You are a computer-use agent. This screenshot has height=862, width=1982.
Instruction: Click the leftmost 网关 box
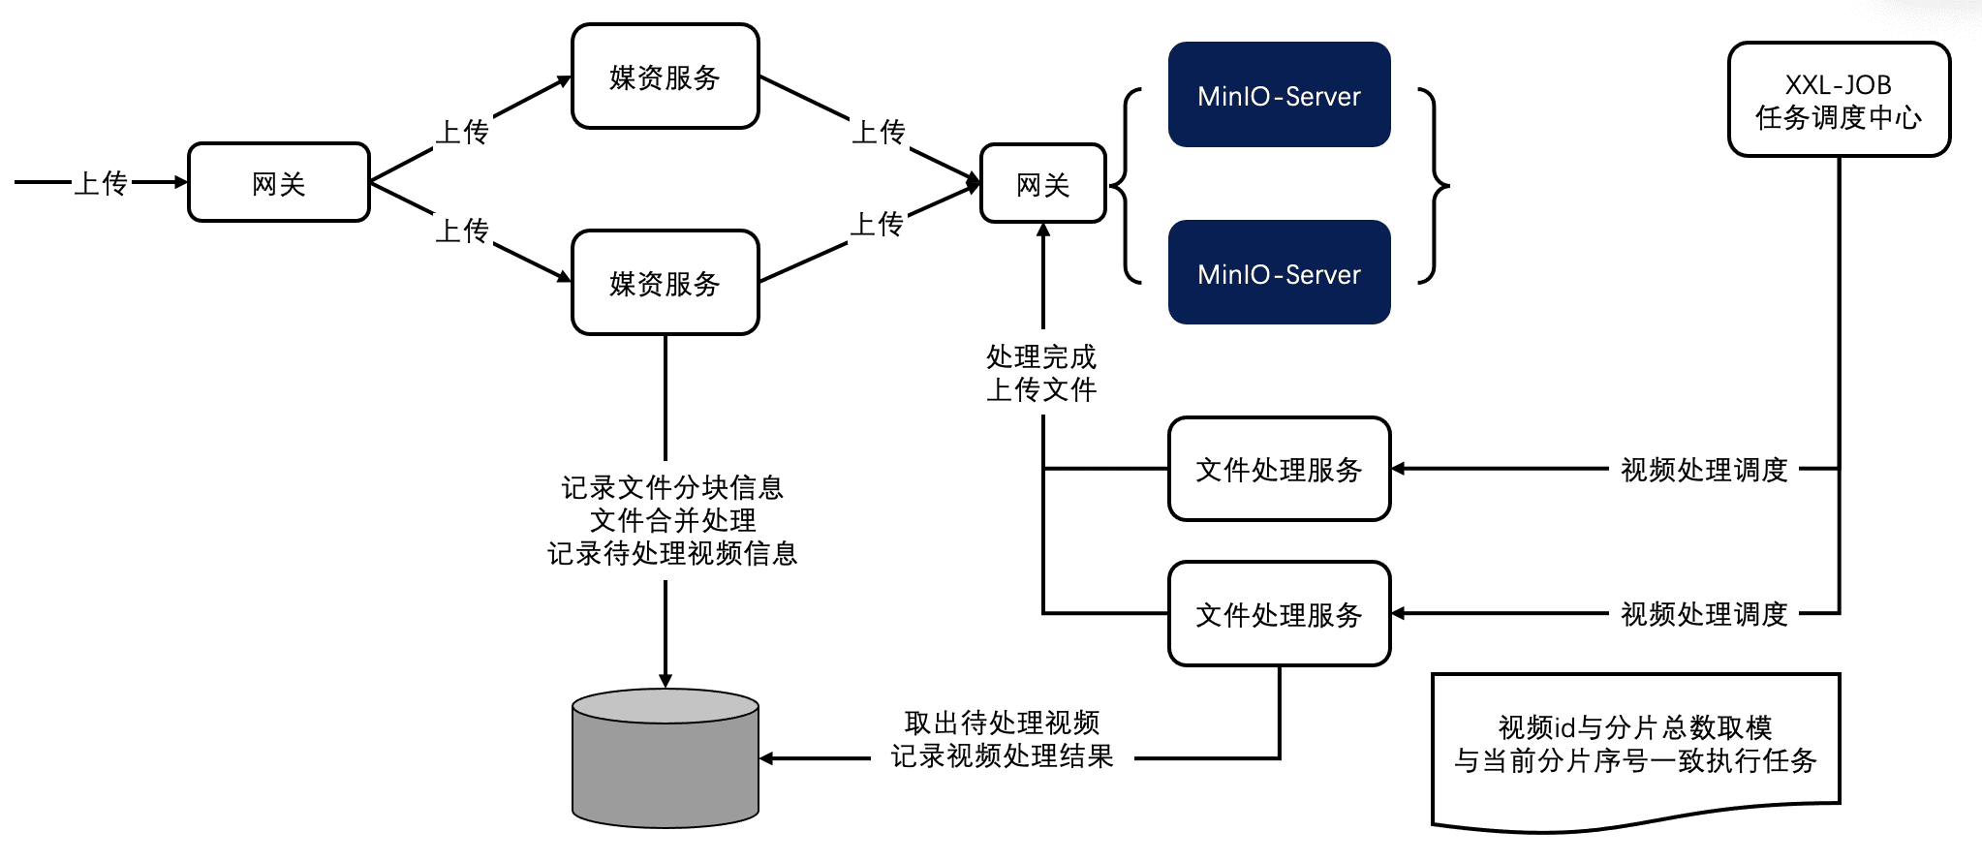[279, 183]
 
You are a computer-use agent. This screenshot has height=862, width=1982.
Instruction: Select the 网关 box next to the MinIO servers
[1043, 184]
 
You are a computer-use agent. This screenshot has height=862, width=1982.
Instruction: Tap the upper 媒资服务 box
[666, 77]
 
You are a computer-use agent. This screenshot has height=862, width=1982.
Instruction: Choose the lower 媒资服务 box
[666, 283]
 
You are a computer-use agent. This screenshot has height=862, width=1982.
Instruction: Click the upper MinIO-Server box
[1279, 95]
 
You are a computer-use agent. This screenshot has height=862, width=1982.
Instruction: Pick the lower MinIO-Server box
[1279, 273]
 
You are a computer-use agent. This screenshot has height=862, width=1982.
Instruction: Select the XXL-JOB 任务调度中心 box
[1839, 100]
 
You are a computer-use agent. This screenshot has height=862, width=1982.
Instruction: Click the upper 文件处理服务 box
[1279, 470]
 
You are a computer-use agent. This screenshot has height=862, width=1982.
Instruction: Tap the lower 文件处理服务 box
[1279, 614]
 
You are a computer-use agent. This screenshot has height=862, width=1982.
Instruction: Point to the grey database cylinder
[666, 765]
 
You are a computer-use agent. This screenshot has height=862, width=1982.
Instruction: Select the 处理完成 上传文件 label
[1041, 373]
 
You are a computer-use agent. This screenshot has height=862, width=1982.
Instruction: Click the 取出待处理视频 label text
[1002, 723]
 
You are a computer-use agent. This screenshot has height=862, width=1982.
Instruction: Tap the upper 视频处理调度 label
[1704, 470]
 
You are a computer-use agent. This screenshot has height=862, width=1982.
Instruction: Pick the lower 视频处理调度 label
[1704, 614]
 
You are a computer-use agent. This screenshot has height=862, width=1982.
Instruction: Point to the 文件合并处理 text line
[672, 520]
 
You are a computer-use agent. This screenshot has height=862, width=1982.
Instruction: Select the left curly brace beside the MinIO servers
[1127, 185]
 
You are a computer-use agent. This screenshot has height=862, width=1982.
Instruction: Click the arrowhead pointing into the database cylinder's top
[666, 680]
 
